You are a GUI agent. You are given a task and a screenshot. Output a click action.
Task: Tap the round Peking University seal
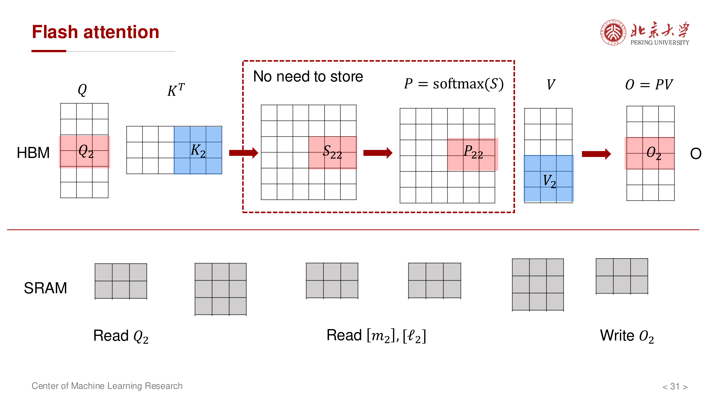(613, 32)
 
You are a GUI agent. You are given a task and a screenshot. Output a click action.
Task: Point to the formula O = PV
(649, 85)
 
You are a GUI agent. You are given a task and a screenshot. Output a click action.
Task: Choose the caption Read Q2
(121, 336)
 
